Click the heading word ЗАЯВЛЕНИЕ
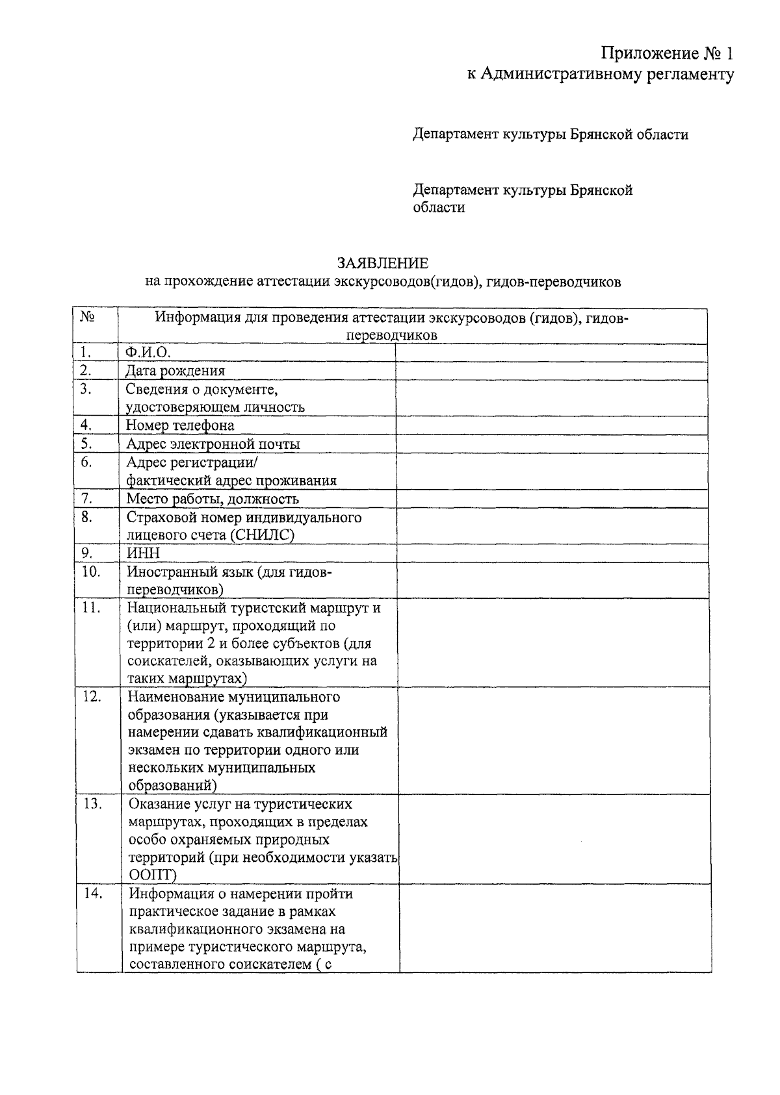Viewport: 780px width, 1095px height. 382,263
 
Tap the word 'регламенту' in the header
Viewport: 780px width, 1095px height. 690,74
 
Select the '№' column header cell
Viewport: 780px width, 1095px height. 88,317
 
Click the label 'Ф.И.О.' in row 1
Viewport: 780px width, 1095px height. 148,353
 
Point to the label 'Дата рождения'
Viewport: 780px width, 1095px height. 175,371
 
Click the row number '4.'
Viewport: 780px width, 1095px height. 85,425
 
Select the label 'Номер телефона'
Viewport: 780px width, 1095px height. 180,425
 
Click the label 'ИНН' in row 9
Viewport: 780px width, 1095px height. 143,553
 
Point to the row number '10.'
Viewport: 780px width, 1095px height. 90,572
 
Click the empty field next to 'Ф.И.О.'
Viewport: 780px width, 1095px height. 551,353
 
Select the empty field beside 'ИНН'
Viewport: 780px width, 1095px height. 551,553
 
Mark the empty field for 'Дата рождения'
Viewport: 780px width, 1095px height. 551,371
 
